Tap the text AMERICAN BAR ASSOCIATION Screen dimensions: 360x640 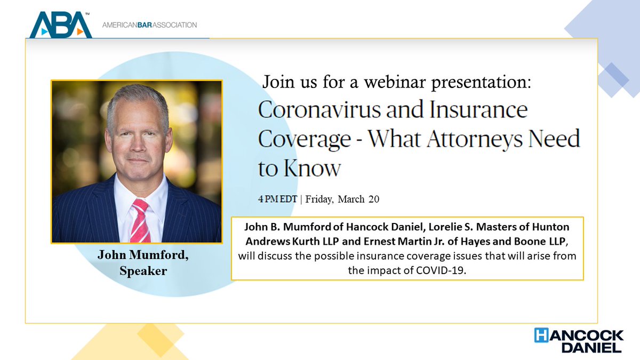point(149,25)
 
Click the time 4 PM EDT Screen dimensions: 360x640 point(277,199)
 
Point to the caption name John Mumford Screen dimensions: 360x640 point(142,255)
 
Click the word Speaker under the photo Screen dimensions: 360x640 point(143,270)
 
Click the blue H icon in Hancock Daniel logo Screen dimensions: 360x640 point(541,335)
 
